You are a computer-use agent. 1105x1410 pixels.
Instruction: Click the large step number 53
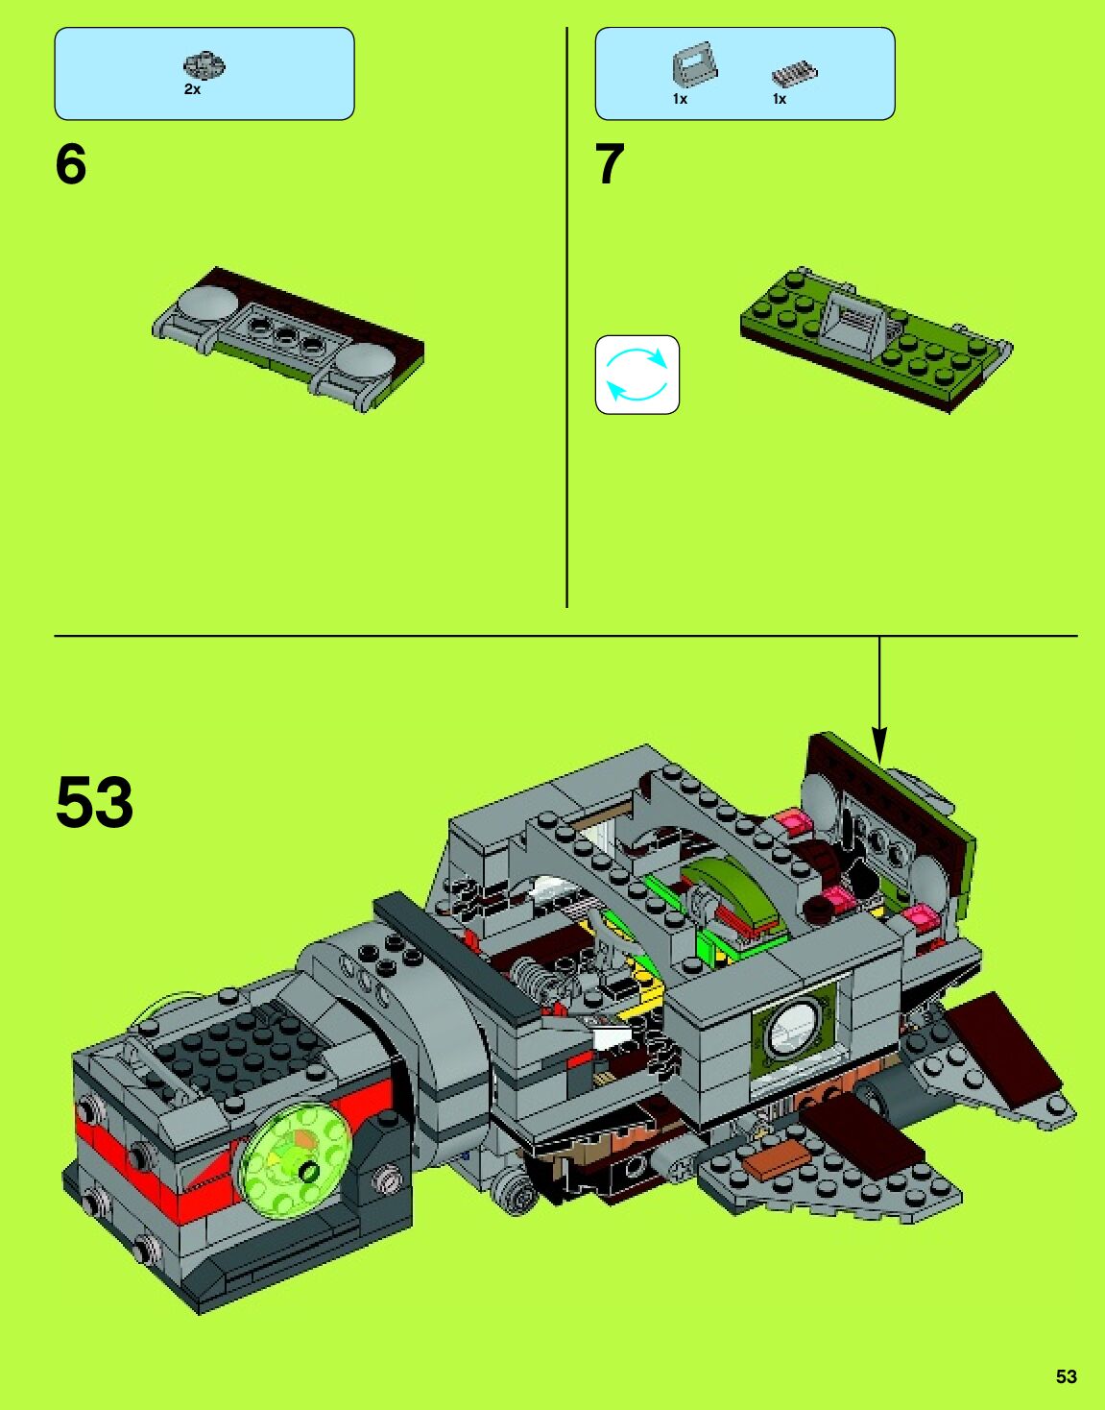(94, 803)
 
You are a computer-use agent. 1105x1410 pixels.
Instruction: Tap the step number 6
(70, 164)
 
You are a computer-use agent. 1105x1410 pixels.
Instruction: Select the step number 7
(610, 164)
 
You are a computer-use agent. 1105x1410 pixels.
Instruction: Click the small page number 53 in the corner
(1066, 1376)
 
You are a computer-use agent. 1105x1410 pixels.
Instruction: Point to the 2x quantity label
(192, 89)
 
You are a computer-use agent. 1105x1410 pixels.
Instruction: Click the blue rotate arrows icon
(637, 375)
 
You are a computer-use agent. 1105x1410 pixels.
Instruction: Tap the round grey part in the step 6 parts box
(204, 65)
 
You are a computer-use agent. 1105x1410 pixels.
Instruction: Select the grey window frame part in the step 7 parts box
(693, 66)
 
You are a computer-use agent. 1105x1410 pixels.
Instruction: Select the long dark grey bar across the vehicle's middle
(456, 957)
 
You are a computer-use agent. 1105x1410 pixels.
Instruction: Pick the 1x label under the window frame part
(680, 99)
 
